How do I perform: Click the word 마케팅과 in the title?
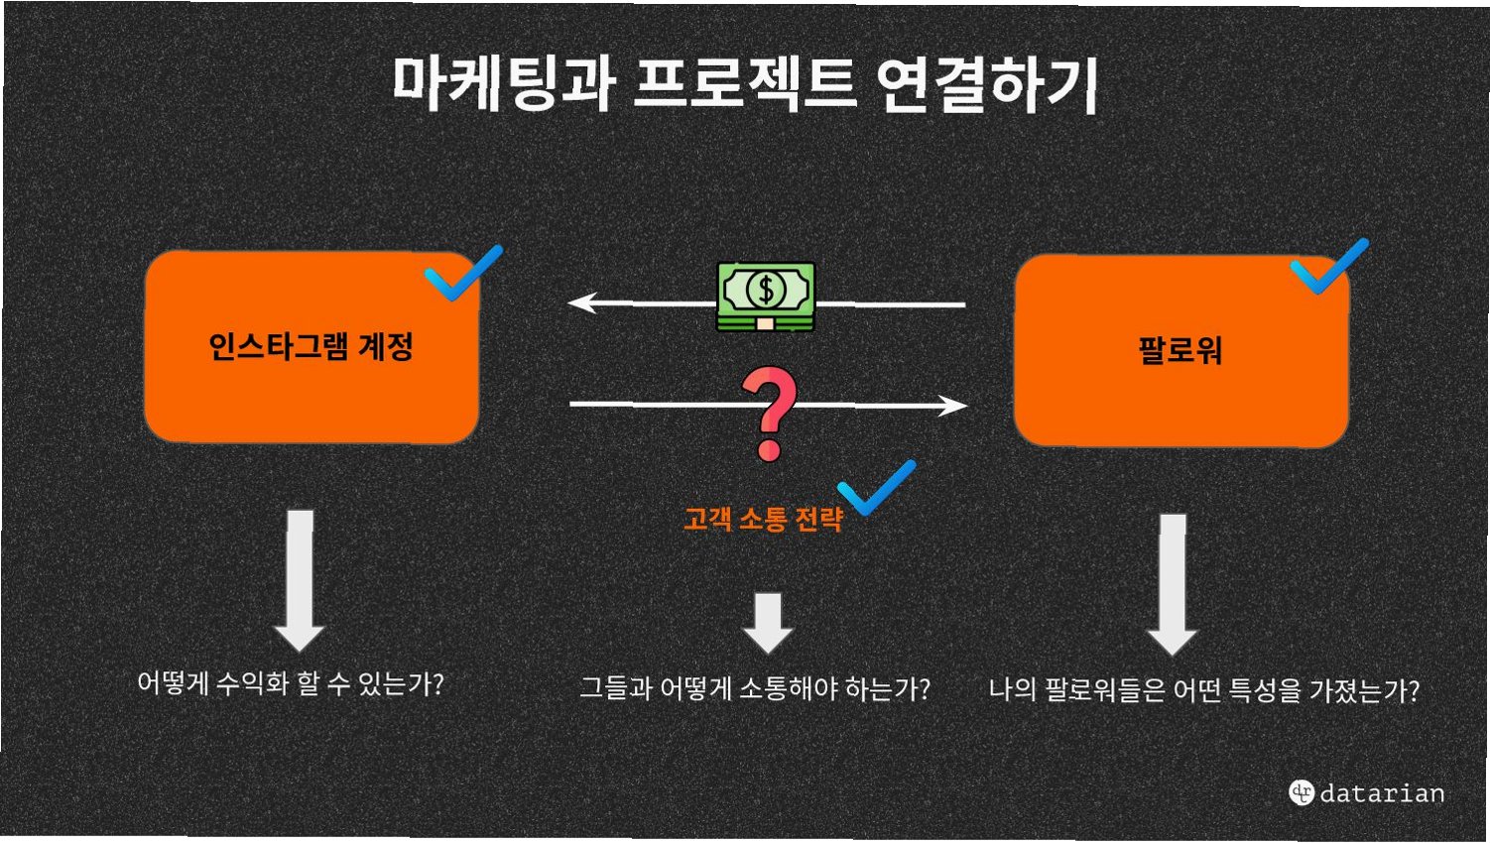coord(504,81)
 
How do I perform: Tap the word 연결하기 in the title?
coord(986,83)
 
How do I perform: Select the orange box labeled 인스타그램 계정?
coord(311,347)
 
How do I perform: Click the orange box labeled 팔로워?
coord(1180,350)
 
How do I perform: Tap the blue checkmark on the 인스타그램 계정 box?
coord(462,272)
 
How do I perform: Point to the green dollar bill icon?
coord(766,295)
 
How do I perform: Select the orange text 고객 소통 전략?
coord(763,519)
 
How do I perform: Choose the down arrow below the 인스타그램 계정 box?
coord(300,580)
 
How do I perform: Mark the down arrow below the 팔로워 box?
coord(1173,584)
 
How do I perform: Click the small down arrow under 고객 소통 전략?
coord(768,623)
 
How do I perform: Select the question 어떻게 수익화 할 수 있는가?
coord(291,683)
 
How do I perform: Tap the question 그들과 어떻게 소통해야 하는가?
coord(755,688)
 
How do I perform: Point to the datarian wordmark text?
coord(1382,792)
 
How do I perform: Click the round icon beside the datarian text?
coord(1302,791)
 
